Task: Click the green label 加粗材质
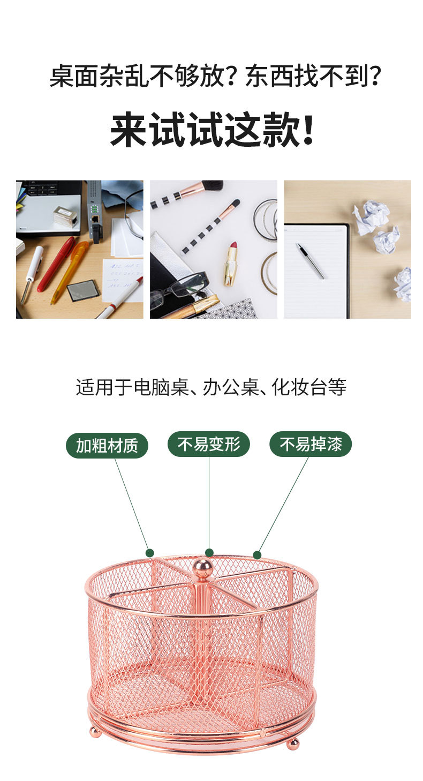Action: point(107,445)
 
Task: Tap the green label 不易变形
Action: point(209,444)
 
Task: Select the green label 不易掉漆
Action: point(311,444)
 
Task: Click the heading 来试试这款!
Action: point(212,129)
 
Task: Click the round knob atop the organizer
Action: point(202,567)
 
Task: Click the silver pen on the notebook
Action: point(310,260)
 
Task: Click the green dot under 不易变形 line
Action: point(209,553)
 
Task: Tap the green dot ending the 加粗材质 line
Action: point(150,553)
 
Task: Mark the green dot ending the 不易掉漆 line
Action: point(257,555)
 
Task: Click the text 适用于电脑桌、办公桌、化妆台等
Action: point(211,387)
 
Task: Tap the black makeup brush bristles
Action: point(212,185)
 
